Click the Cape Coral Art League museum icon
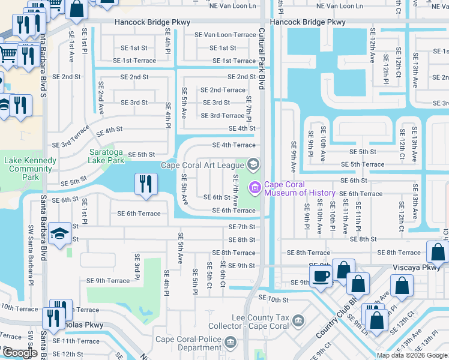(x=253, y=164)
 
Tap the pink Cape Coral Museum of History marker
(x=255, y=188)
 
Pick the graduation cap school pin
(x=60, y=233)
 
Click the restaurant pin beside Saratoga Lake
(x=146, y=184)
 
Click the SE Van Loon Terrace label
(x=225, y=35)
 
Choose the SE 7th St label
(x=242, y=227)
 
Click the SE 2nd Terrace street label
(x=223, y=90)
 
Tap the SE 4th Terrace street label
(x=234, y=145)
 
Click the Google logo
(x=20, y=353)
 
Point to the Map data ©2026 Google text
(x=412, y=355)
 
